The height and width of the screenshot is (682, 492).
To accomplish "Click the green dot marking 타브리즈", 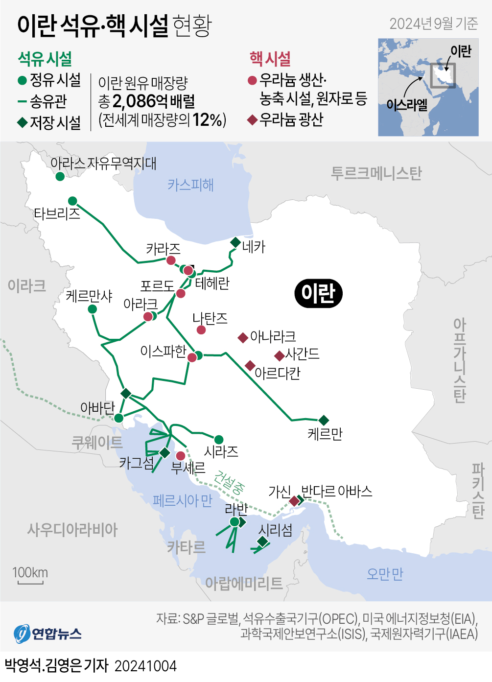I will pyautogui.click(x=72, y=201).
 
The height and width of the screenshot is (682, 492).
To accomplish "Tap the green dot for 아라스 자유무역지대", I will pyautogui.click(x=60, y=176).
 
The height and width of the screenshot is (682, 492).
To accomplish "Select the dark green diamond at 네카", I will pyautogui.click(x=235, y=242).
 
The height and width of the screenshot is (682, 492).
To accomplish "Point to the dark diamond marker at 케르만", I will pyautogui.click(x=324, y=420).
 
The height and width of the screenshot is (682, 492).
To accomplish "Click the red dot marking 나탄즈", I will pyautogui.click(x=201, y=330).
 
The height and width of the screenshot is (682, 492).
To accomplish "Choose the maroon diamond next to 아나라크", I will pyautogui.click(x=243, y=337).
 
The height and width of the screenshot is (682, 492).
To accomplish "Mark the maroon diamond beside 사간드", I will pyautogui.click(x=280, y=355).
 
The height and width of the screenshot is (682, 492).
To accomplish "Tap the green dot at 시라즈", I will pyautogui.click(x=219, y=440).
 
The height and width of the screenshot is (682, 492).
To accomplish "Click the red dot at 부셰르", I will pyautogui.click(x=181, y=456).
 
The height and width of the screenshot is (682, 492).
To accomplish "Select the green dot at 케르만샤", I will pyautogui.click(x=92, y=309).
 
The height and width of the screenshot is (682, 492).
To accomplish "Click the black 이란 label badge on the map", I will pyautogui.click(x=318, y=293).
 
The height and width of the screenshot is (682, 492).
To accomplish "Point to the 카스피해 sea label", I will pyautogui.click(x=190, y=185).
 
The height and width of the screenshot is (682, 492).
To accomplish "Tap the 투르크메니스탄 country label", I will pyautogui.click(x=376, y=173).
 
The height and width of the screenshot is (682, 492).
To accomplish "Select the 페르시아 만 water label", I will pyautogui.click(x=182, y=500).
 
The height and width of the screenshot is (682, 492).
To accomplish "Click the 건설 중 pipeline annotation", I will pyautogui.click(x=229, y=482).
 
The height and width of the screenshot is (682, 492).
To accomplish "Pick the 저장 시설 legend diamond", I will pyautogui.click(x=22, y=122).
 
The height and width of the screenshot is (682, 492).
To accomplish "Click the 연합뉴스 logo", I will pyautogui.click(x=47, y=634).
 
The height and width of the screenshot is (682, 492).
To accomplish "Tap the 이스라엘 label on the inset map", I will pyautogui.click(x=406, y=104).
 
